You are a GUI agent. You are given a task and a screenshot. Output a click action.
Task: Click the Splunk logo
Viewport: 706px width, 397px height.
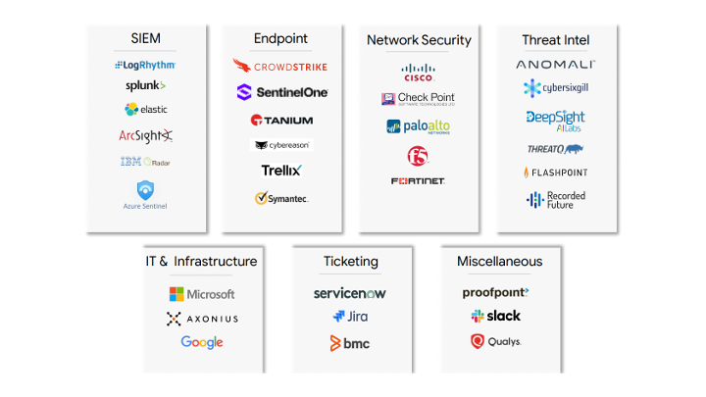pos(145,86)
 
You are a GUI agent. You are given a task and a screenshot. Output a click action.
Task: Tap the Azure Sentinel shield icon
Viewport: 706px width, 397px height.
pos(145,187)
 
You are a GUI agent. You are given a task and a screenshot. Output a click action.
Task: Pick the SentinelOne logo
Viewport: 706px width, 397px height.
pos(281,92)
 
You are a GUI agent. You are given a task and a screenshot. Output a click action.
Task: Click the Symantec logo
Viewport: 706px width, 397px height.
pos(281,198)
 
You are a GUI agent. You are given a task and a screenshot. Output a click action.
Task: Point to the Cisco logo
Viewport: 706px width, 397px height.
pos(419,72)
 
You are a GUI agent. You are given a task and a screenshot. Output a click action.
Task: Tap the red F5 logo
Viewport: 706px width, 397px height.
pos(419,155)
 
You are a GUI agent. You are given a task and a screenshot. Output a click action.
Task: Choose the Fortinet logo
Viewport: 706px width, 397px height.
pos(419,181)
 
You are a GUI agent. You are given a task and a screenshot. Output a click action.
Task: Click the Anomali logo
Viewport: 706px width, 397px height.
pos(556,65)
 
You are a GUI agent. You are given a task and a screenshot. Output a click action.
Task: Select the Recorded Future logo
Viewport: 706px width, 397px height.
pos(556,200)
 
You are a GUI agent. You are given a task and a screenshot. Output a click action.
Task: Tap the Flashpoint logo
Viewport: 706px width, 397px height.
pos(556,173)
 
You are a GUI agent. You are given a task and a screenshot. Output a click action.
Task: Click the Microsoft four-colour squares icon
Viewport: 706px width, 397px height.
pos(176,294)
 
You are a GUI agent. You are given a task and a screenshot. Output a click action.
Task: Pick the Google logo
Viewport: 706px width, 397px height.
pos(202,342)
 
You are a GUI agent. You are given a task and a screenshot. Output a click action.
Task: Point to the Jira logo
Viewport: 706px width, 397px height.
pos(350,317)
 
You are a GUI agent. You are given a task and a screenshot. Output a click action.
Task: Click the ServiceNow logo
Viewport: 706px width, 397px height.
pos(350,293)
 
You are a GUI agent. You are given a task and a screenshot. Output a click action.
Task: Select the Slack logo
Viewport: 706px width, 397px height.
pos(496,316)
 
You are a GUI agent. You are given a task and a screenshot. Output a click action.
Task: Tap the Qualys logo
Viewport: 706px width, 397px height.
pos(496,342)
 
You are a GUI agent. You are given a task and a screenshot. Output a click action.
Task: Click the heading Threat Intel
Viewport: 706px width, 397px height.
pos(556,40)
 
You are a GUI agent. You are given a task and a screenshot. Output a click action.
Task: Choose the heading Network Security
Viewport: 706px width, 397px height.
pos(419,40)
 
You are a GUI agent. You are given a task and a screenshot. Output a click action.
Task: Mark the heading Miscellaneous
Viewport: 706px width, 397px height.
pos(499,262)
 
